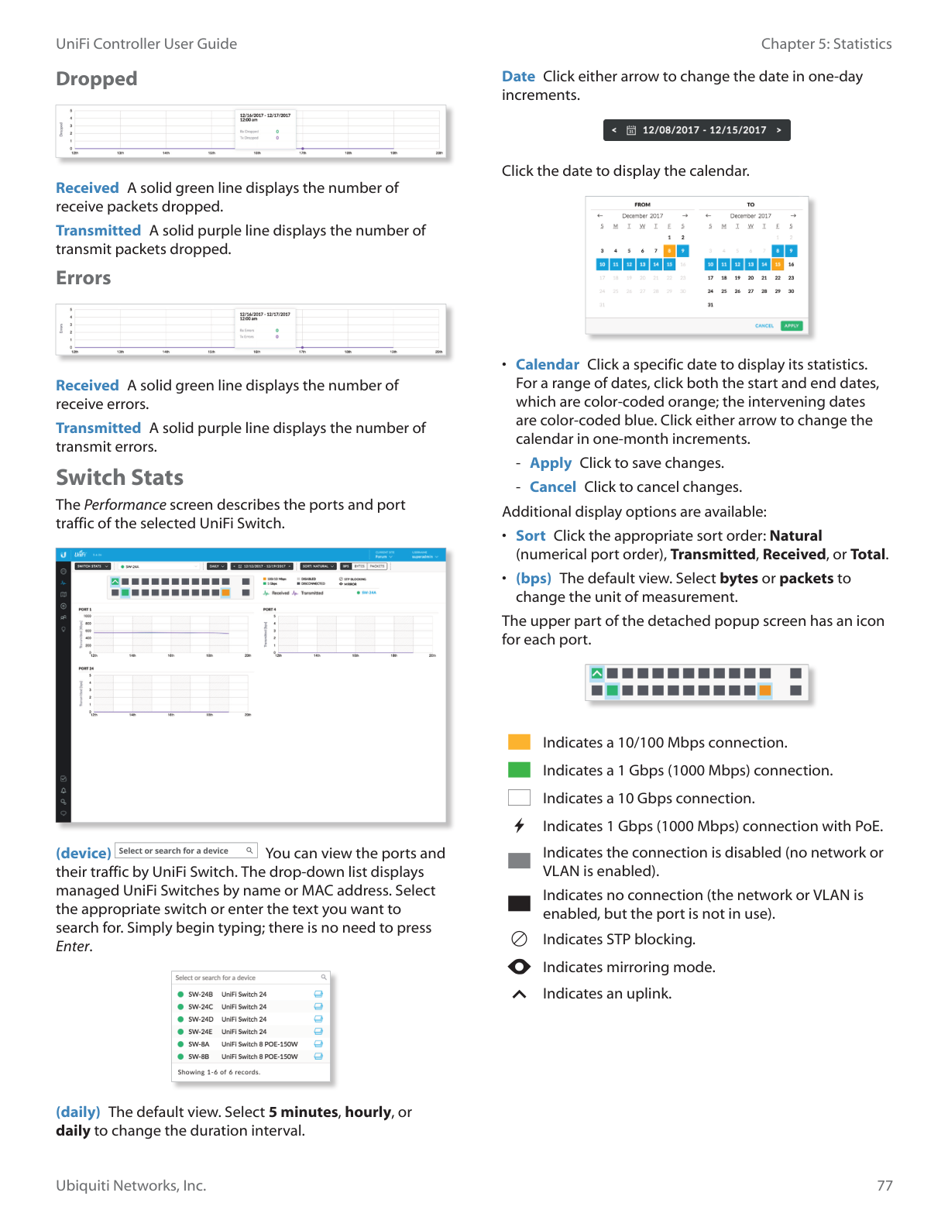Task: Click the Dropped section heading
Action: (97, 79)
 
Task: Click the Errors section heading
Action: (84, 278)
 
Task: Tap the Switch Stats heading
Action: (119, 477)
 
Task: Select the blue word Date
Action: (518, 77)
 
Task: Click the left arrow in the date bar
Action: (614, 130)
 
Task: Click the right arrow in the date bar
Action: (778, 130)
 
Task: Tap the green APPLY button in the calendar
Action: (791, 326)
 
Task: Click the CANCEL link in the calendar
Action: (764, 326)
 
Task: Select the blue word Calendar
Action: (547, 365)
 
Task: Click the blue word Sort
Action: (531, 536)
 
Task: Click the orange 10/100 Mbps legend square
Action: (519, 742)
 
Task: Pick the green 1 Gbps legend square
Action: (519, 770)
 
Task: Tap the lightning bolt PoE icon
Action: (519, 826)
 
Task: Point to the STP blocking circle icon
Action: (519, 939)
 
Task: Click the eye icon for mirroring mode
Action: (519, 967)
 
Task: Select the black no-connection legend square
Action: (519, 903)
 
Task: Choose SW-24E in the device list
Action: (200, 1032)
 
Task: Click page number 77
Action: (884, 1186)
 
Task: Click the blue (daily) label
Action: (78, 1112)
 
